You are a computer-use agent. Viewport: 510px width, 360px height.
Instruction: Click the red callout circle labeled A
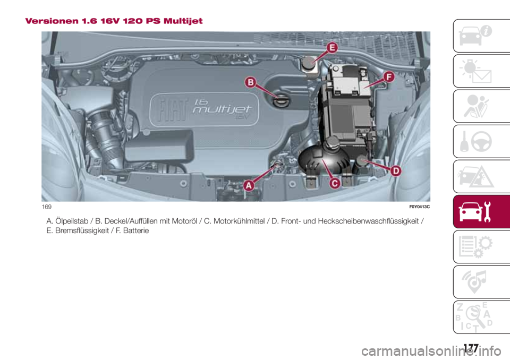248,185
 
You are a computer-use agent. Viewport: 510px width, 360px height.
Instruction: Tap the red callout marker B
251,82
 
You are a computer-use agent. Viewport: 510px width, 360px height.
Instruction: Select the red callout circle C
335,183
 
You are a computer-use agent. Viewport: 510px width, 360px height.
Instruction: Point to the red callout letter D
396,171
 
